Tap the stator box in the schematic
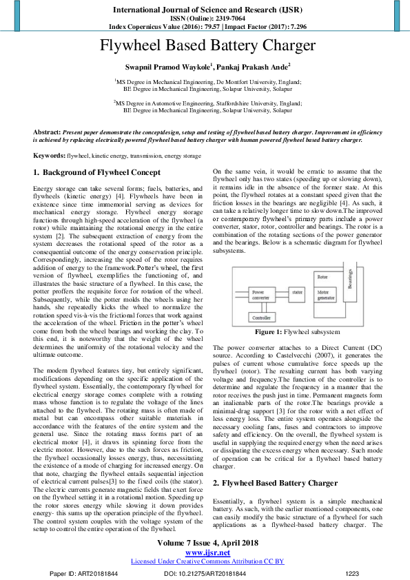(296, 291)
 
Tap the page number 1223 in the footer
(352, 572)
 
